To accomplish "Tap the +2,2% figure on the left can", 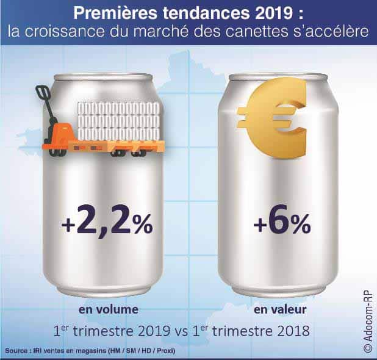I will pos(107,225).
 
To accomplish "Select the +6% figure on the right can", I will pos(281,225).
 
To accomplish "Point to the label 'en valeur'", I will pos(280,309).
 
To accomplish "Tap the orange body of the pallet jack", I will pos(60,135).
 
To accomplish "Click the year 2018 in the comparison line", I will pos(293,333).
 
